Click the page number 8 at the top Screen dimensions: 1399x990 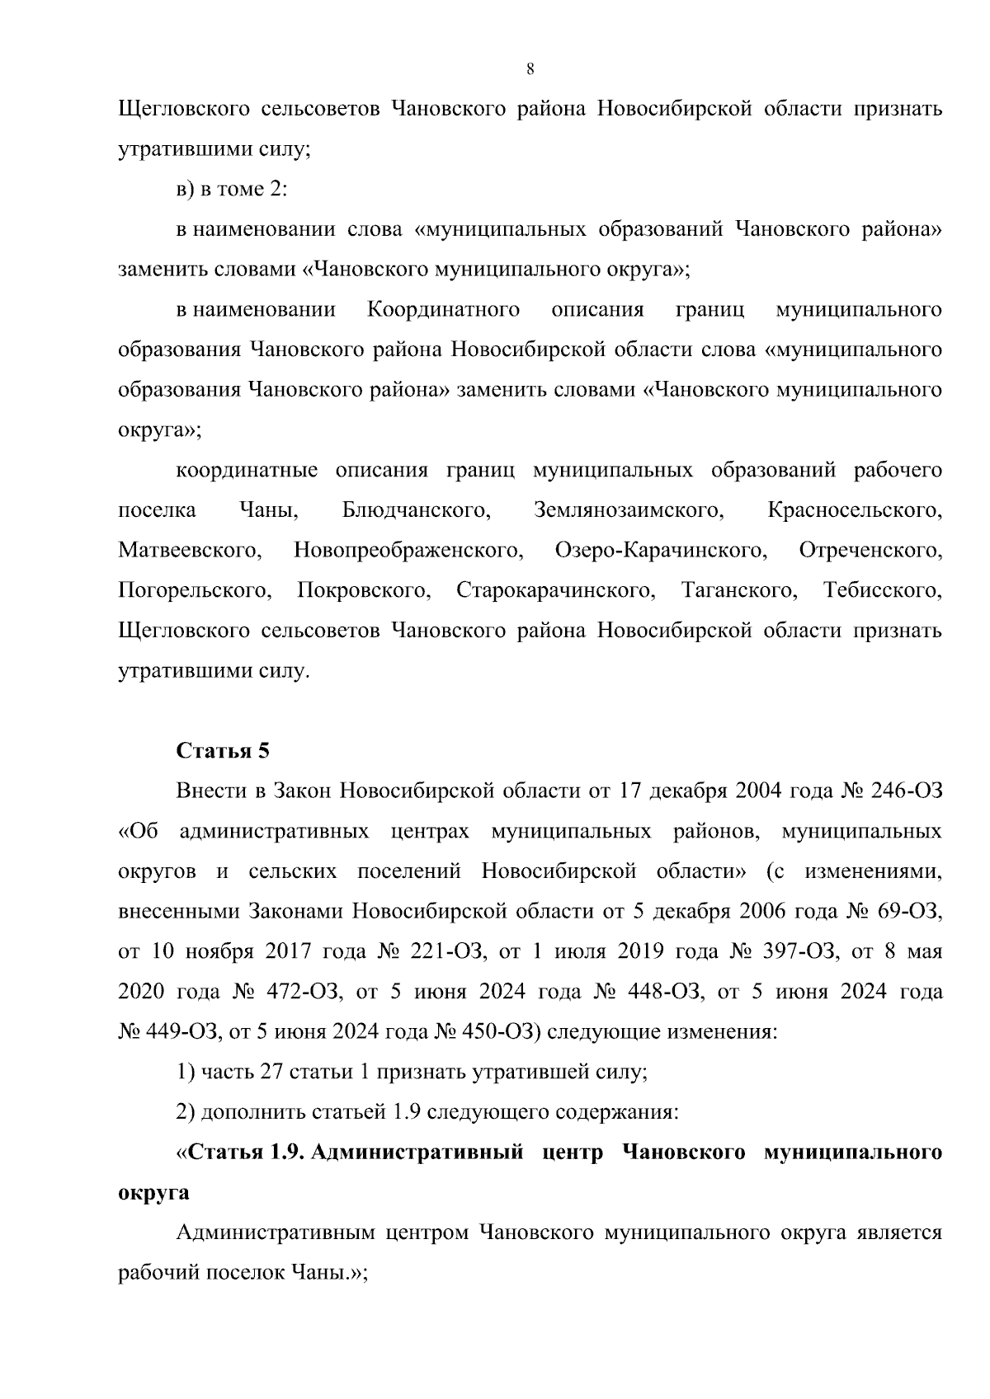[530, 69]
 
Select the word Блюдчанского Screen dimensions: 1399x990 [416, 510]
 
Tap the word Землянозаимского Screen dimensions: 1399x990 [629, 510]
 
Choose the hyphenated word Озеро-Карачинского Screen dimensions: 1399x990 [661, 551]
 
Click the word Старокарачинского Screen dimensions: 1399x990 [555, 591]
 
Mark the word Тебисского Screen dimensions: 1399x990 [882, 591]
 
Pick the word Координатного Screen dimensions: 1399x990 [443, 310]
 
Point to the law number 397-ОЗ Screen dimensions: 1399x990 [796, 952]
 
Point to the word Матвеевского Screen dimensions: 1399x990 [191, 551]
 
